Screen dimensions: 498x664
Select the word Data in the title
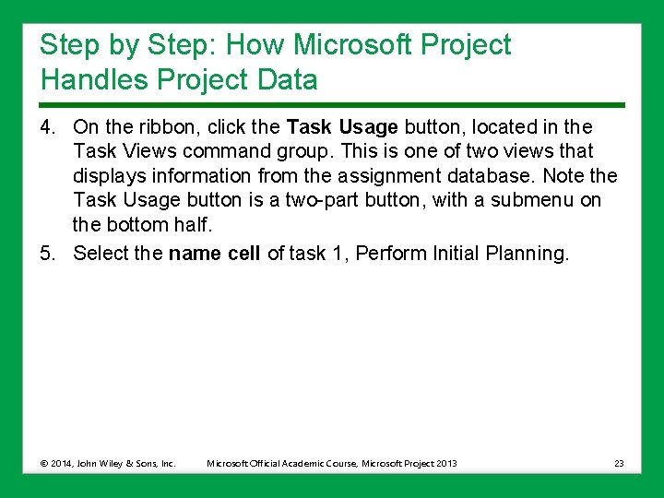[x=288, y=80]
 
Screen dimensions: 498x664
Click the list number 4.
[x=48, y=126]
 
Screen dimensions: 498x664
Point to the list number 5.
[x=48, y=254]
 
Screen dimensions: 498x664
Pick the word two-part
[x=303, y=200]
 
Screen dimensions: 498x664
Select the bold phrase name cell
[x=215, y=254]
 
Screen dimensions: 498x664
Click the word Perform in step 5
[x=391, y=254]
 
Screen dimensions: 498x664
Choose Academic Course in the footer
[x=326, y=463]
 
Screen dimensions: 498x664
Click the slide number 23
[x=619, y=463]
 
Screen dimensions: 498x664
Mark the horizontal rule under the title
[x=332, y=104]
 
